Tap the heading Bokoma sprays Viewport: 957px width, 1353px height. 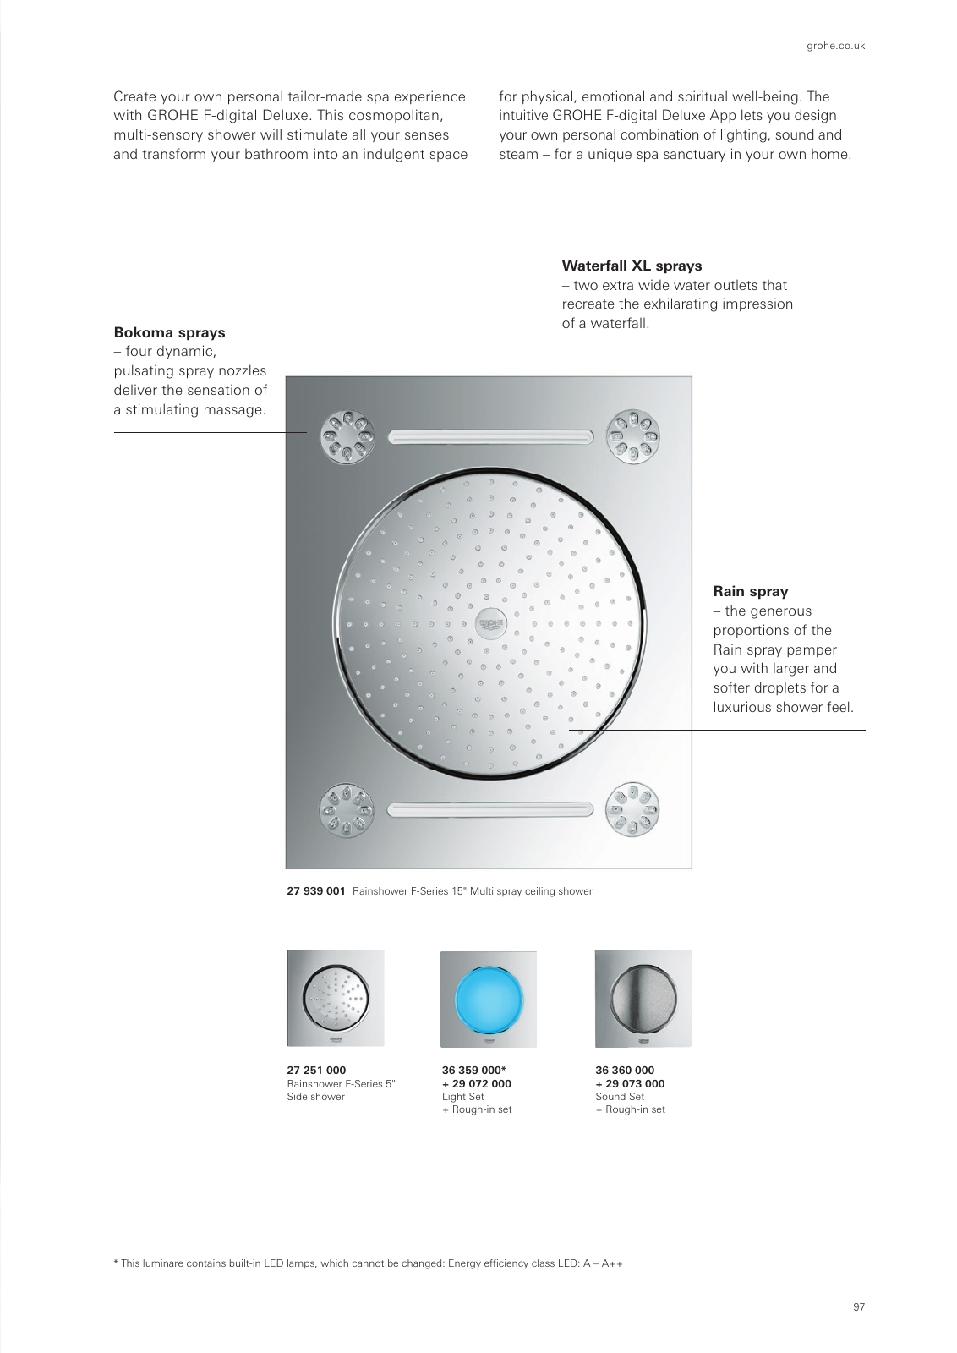click(x=169, y=332)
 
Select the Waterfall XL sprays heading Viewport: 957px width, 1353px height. click(x=632, y=266)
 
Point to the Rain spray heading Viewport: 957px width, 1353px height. click(x=750, y=591)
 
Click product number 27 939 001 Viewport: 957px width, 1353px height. click(x=315, y=891)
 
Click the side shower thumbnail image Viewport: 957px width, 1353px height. click(x=336, y=999)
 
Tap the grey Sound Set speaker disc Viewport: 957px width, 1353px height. click(x=643, y=999)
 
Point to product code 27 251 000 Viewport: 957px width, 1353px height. click(x=316, y=1071)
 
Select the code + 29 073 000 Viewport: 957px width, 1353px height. click(x=630, y=1084)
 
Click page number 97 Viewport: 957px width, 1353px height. click(x=858, y=1307)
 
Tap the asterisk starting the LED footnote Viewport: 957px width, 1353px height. click(x=116, y=1263)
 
